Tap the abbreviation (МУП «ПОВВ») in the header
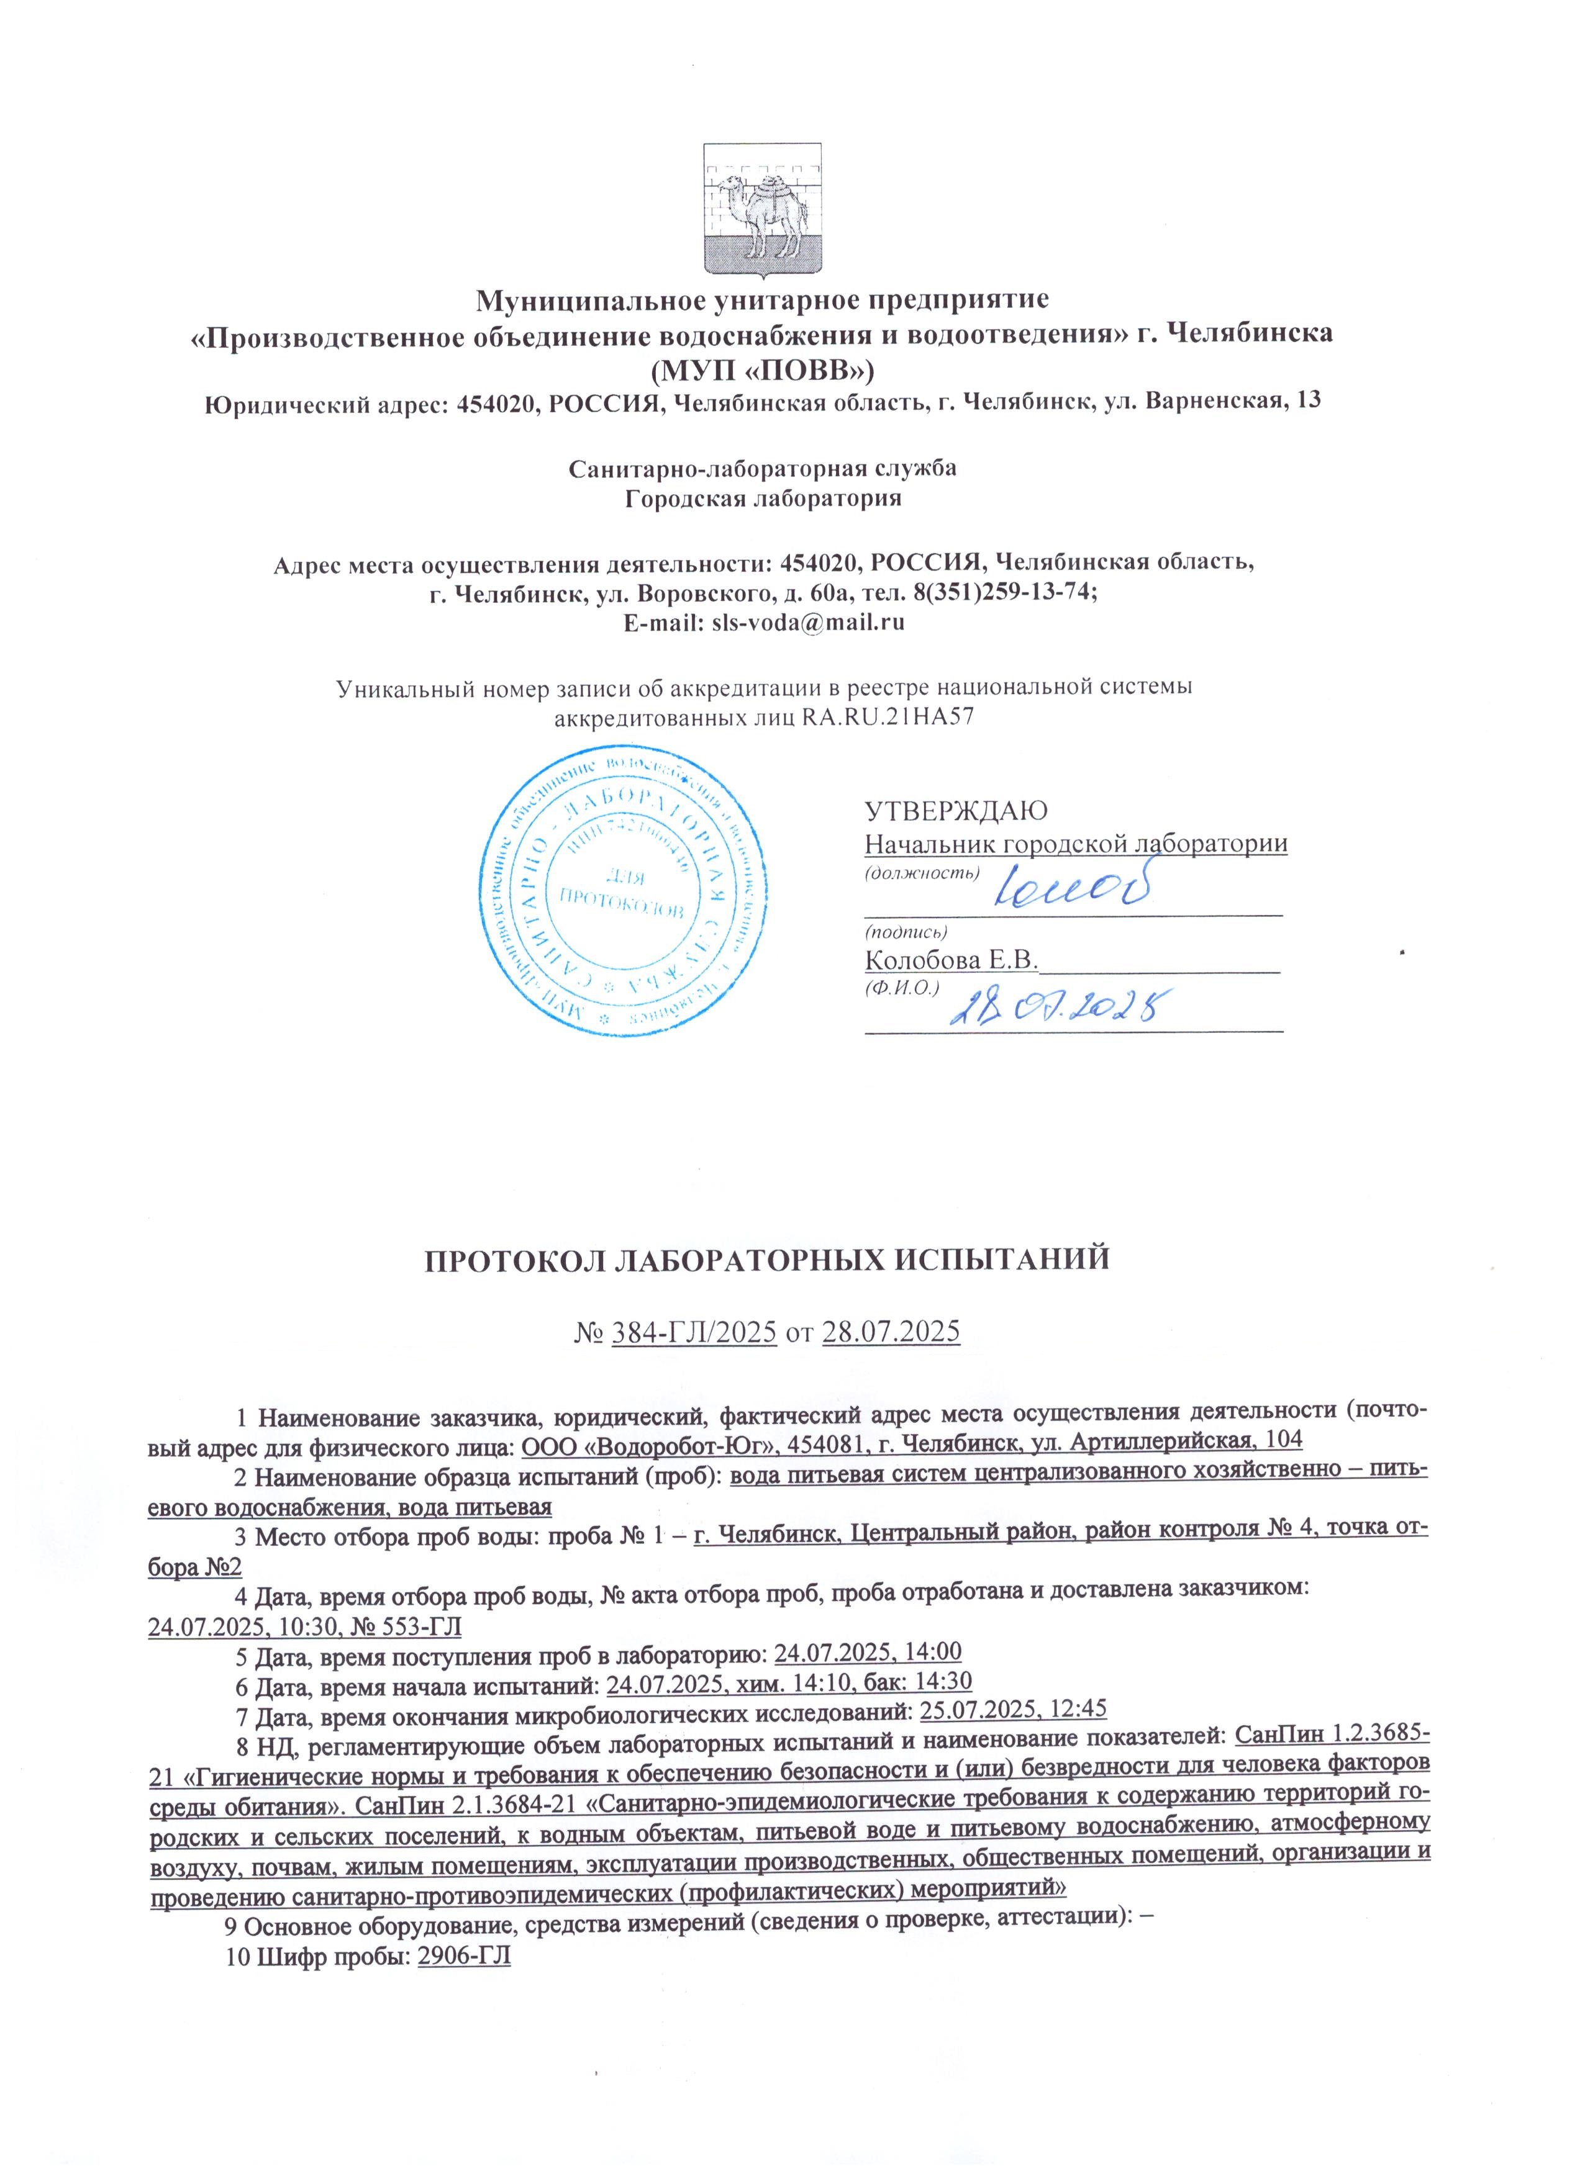[x=762, y=368]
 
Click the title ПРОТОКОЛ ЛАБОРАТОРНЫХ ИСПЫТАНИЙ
[x=767, y=1258]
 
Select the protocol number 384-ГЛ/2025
[x=694, y=1333]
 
